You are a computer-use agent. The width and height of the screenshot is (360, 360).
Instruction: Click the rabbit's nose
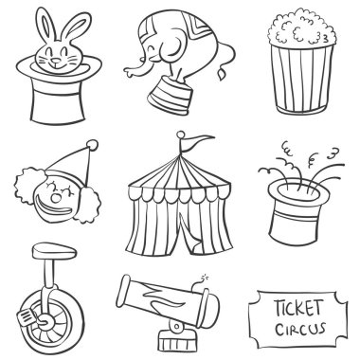coord(56,60)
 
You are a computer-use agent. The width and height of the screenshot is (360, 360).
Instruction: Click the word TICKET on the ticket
coord(298,308)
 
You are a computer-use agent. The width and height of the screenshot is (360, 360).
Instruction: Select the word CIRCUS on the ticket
coord(299,329)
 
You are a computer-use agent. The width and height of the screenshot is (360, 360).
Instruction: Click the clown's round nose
coord(56,198)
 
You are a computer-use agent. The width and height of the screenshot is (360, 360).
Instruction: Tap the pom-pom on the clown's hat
coord(93,145)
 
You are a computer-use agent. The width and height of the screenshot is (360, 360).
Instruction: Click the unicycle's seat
coord(54,251)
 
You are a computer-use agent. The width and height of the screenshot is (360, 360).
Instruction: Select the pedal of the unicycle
coord(27,315)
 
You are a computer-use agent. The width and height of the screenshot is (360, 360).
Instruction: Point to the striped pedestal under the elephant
coord(170,96)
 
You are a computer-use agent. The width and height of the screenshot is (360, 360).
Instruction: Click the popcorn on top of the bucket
coord(301,28)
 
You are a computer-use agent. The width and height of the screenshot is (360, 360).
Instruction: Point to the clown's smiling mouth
coord(54,209)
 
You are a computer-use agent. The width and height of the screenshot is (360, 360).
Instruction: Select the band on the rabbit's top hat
coord(58,89)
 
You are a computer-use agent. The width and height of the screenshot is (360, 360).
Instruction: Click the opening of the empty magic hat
coord(298,191)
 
